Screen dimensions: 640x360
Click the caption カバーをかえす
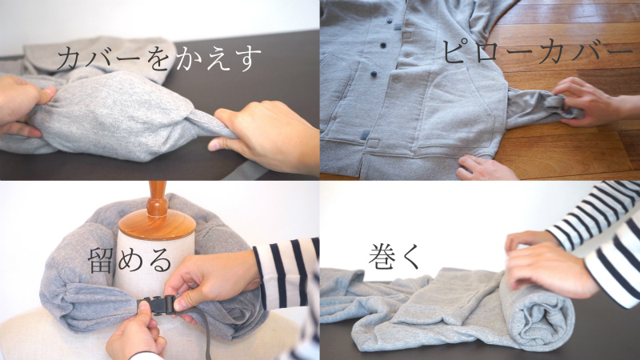pyautogui.click(x=158, y=59)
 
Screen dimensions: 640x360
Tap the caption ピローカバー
pyautogui.click(x=538, y=51)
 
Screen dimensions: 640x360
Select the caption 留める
pyautogui.click(x=130, y=261)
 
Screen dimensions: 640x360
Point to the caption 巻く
pyautogui.click(x=394, y=256)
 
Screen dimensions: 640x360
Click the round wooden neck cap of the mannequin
pyautogui.click(x=157, y=226)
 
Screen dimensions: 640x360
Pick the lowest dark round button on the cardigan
pyautogui.click(x=374, y=74)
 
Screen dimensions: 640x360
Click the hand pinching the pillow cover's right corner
pyautogui.click(x=266, y=134)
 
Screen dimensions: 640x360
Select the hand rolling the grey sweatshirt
pyautogui.click(x=547, y=262)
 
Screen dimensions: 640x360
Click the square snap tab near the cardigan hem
pyautogui.click(x=373, y=143)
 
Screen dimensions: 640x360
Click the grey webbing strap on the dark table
pyautogui.click(x=245, y=172)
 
